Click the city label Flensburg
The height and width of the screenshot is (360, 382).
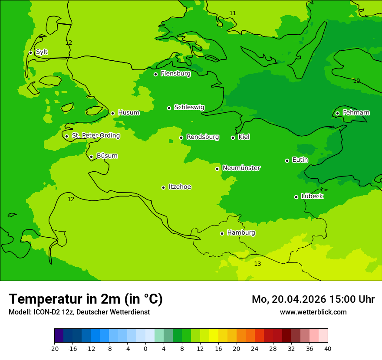click(175, 74)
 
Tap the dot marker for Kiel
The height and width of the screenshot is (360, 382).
click(233, 137)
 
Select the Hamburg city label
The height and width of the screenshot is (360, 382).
click(241, 233)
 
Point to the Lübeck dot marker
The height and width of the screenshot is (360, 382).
click(296, 197)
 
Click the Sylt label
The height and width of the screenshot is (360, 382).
click(42, 52)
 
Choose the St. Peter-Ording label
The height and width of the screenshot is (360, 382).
click(95, 136)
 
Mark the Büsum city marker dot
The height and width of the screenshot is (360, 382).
click(91, 157)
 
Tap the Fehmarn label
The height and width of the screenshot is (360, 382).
click(356, 113)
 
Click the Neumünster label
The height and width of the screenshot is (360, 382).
click(241, 168)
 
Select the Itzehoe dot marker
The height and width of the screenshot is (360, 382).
click(163, 187)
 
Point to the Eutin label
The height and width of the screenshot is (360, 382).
click(300, 160)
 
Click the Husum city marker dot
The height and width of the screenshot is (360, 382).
click(112, 113)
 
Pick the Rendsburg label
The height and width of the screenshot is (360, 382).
click(203, 137)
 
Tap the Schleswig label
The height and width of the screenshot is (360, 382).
click(189, 107)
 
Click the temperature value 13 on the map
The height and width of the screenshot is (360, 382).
click(257, 264)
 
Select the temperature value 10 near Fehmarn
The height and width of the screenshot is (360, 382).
click(356, 81)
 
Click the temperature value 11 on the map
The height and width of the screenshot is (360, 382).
click(233, 13)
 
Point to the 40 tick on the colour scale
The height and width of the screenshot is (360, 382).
click(327, 349)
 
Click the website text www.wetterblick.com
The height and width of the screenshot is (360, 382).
click(313, 312)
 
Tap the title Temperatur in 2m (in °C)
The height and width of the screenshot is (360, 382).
click(86, 299)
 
